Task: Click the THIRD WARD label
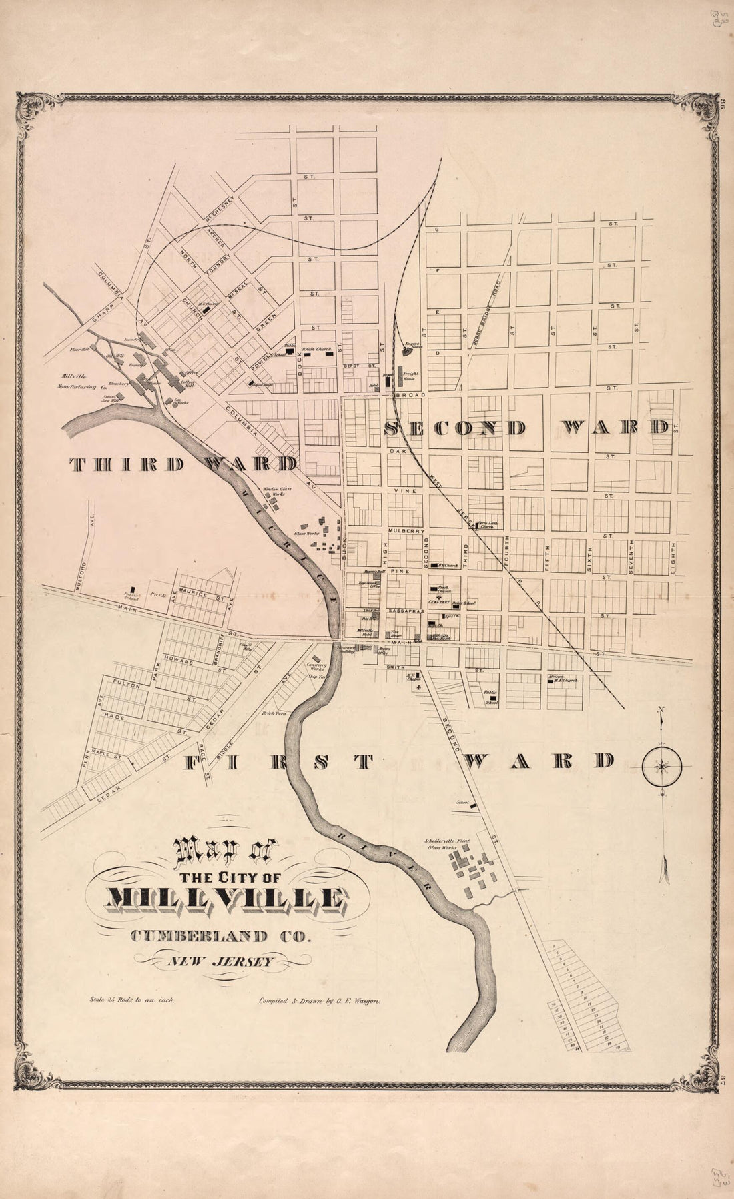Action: point(183,465)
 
